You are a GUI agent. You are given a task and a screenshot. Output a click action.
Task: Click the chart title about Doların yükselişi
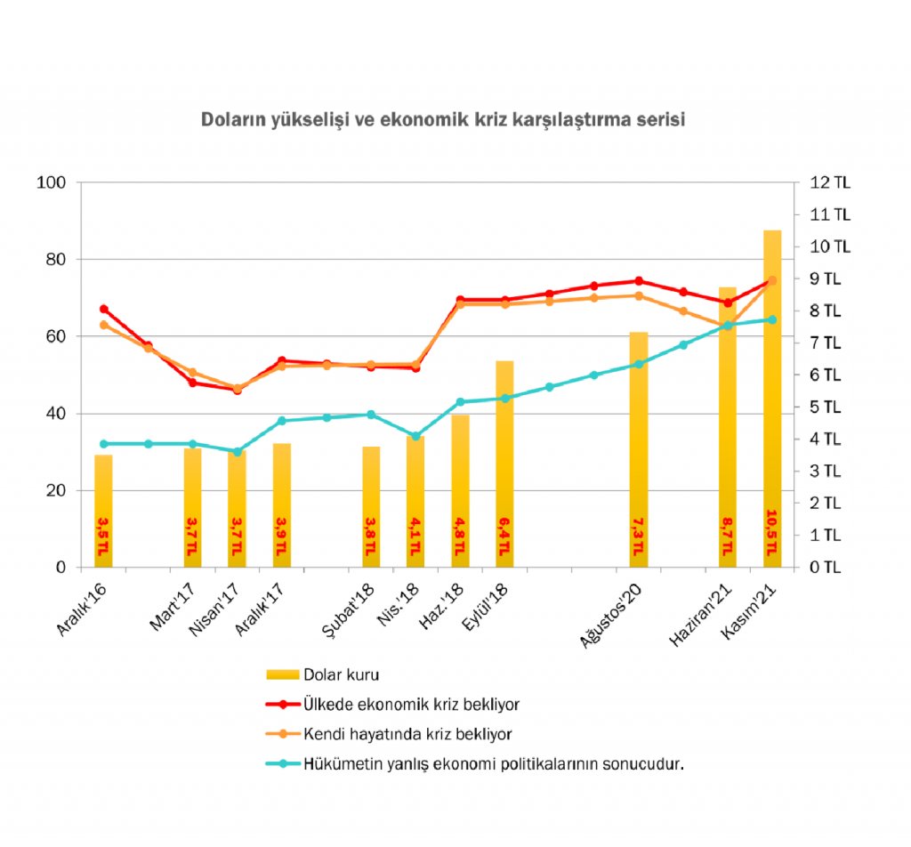click(442, 119)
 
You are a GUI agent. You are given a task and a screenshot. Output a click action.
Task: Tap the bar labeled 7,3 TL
click(638, 445)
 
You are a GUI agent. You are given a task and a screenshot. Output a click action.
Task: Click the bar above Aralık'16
click(104, 507)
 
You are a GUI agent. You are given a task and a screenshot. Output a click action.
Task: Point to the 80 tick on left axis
click(55, 260)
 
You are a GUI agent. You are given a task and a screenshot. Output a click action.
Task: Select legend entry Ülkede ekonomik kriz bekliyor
click(411, 704)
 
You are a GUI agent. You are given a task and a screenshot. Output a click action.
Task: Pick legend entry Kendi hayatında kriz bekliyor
click(407, 734)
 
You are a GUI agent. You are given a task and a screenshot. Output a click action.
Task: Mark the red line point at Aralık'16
click(104, 309)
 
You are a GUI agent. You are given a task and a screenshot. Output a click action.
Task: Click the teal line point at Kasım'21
click(772, 319)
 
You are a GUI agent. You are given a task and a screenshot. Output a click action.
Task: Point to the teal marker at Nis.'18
click(415, 436)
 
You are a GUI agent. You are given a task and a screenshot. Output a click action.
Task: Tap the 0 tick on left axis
click(60, 568)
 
